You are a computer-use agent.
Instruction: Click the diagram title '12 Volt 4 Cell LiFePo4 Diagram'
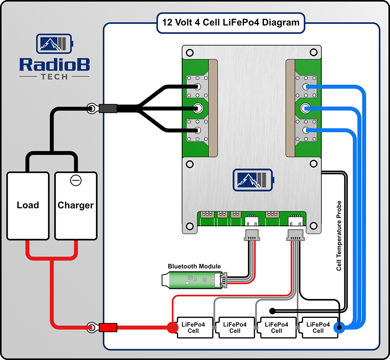pos(231,22)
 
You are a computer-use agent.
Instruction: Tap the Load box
pos(28,205)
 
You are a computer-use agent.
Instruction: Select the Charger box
pos(76,205)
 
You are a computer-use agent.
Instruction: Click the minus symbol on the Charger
pos(76,180)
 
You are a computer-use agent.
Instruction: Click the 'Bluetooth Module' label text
pos(194,266)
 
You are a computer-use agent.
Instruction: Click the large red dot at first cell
pos(172,327)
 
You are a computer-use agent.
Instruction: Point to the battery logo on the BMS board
pos(253,180)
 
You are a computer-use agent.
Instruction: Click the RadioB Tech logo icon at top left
pos(55,43)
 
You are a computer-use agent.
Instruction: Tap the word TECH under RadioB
pos(54,76)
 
